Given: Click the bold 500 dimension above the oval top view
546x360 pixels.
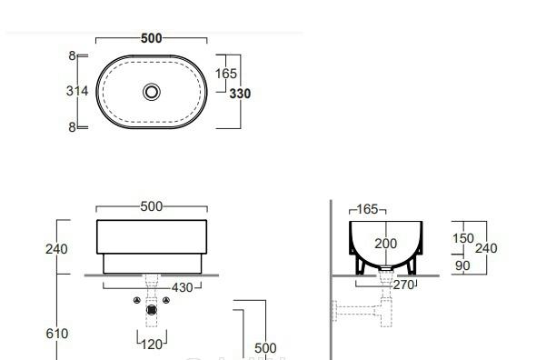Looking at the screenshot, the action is pyautogui.click(x=152, y=38).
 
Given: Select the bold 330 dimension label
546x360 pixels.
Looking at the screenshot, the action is pyautogui.click(x=240, y=94).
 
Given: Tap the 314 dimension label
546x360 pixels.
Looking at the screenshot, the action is pyautogui.click(x=77, y=91).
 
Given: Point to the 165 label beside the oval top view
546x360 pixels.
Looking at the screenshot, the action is pyautogui.click(x=226, y=74).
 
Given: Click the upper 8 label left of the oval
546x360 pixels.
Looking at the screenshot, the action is pyautogui.click(x=72, y=55).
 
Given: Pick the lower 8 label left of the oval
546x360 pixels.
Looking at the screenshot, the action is pyautogui.click(x=72, y=127).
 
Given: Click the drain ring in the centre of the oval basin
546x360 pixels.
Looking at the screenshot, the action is pyautogui.click(x=152, y=92).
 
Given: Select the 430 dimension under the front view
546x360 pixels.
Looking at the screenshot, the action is pyautogui.click(x=182, y=288).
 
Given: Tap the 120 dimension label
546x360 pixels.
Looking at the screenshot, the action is pyautogui.click(x=152, y=345).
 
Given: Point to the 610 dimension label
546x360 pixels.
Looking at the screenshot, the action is pyautogui.click(x=57, y=334).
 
